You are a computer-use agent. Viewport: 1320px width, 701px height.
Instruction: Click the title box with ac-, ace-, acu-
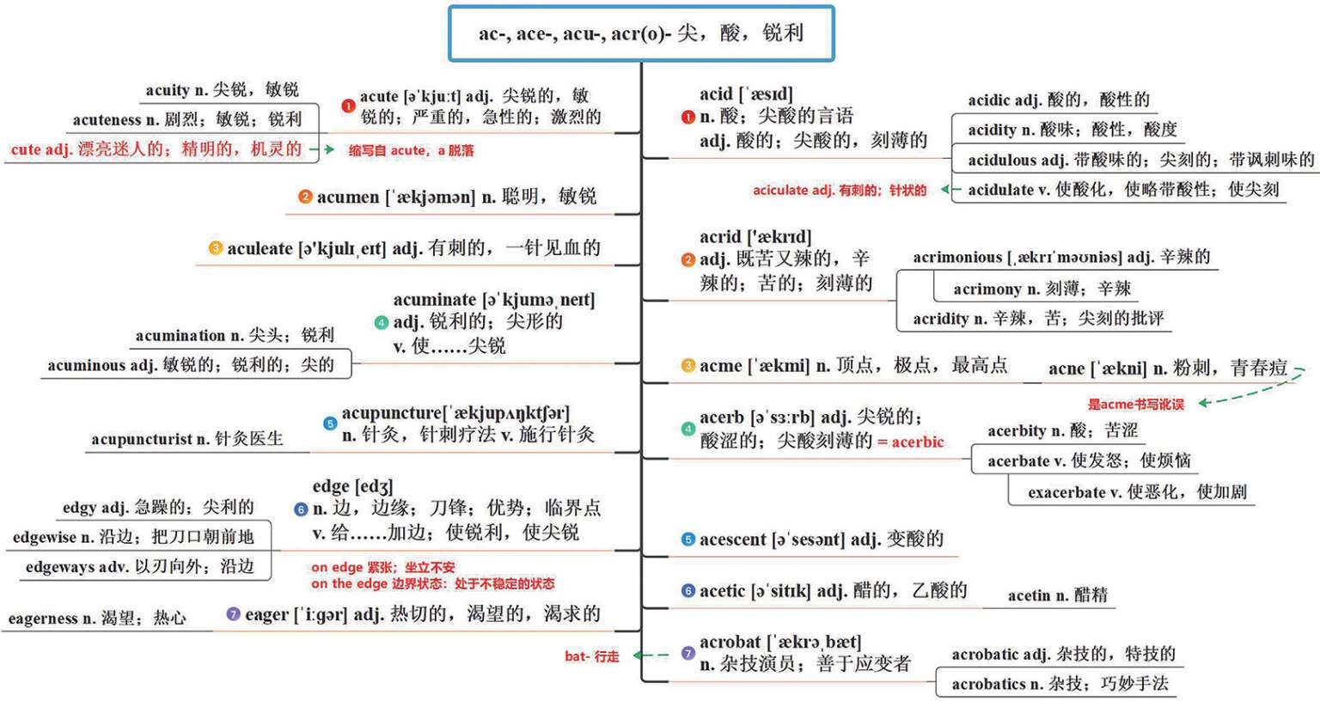641,34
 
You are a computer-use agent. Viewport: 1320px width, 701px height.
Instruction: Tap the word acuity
168,90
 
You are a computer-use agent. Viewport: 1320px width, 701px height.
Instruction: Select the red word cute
26,149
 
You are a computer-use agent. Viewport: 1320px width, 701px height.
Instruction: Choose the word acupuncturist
142,439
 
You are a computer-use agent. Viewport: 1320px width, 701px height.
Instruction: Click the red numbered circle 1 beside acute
348,106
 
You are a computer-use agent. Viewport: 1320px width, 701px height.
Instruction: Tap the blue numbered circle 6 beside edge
301,509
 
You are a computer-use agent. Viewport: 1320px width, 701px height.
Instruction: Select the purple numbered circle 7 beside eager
233,614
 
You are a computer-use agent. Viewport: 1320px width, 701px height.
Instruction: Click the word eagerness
43,619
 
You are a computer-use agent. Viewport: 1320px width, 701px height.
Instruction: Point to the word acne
1066,369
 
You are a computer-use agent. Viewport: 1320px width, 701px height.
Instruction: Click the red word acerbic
918,442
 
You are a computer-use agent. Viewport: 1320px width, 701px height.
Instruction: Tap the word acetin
1030,595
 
